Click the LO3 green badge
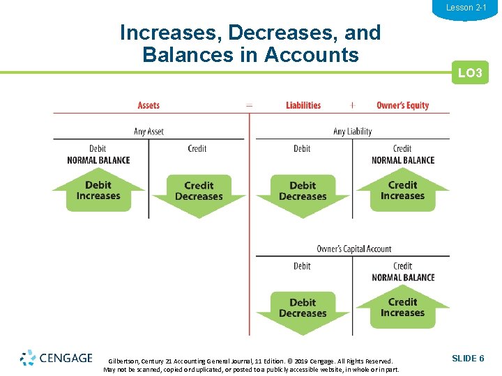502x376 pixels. click(x=470, y=73)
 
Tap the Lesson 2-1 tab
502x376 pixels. click(x=466, y=8)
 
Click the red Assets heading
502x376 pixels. click(x=149, y=106)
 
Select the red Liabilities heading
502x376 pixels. click(x=303, y=106)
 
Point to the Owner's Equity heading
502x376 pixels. click(x=402, y=106)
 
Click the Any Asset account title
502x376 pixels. click(x=149, y=132)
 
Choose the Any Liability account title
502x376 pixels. click(x=352, y=132)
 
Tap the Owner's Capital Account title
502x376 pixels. click(x=353, y=249)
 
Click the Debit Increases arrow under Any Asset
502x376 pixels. click(x=98, y=191)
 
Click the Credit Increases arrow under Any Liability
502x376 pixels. click(x=402, y=191)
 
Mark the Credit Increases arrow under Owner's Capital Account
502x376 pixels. click(x=402, y=308)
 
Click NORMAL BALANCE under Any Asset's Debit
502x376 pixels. click(x=98, y=160)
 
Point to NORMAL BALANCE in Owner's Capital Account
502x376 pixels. click(x=403, y=278)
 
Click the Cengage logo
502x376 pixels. click(x=56, y=358)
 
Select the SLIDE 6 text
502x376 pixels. click(x=468, y=358)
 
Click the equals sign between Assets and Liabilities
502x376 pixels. click(x=249, y=106)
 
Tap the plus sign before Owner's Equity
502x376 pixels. click(x=352, y=106)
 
